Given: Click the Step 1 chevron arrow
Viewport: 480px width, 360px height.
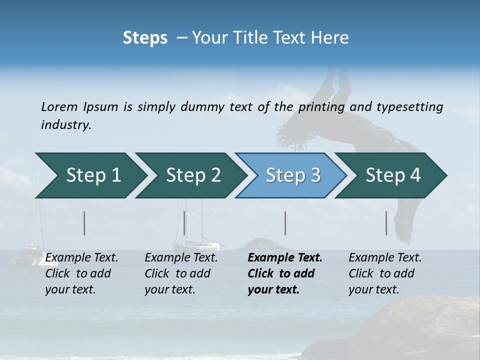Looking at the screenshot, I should pyautogui.click(x=90, y=175).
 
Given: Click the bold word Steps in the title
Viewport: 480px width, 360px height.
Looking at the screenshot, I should pyautogui.click(x=145, y=37).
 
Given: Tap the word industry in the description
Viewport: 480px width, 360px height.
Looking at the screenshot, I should pyautogui.click(x=65, y=124).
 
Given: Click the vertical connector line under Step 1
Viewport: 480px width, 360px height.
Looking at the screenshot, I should pyautogui.click(x=84, y=223).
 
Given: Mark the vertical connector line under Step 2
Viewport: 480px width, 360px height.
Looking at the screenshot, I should pyautogui.click(x=184, y=223).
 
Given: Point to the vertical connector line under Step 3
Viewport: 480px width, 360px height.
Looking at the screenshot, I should pyautogui.click(x=285, y=223).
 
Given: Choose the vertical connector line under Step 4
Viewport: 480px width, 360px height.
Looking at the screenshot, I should pyautogui.click(x=386, y=223).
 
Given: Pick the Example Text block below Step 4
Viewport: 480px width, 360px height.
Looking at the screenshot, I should pyautogui.click(x=385, y=273).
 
